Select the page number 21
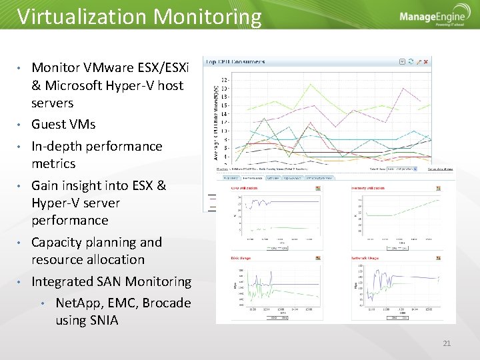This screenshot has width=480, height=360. (447, 343)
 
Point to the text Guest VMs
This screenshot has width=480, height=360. (63, 125)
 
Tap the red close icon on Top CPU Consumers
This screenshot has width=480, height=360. (427, 61)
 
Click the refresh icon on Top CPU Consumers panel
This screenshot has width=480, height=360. (411, 61)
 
